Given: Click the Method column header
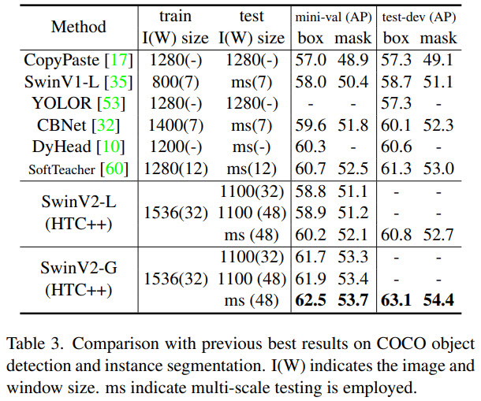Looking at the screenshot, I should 78,27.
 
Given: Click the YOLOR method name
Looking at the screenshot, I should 67,103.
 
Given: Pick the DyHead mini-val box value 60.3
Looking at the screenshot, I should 311,147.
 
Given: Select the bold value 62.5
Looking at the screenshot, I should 311,299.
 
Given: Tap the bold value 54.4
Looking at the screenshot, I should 438,299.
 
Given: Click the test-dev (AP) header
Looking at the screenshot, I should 419,16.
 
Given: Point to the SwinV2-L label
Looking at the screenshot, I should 78,202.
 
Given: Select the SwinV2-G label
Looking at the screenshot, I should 78,268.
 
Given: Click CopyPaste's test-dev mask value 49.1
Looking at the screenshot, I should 438,60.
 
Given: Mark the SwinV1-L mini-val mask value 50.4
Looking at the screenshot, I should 352,82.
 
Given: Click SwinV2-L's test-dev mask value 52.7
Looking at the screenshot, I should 438,234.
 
